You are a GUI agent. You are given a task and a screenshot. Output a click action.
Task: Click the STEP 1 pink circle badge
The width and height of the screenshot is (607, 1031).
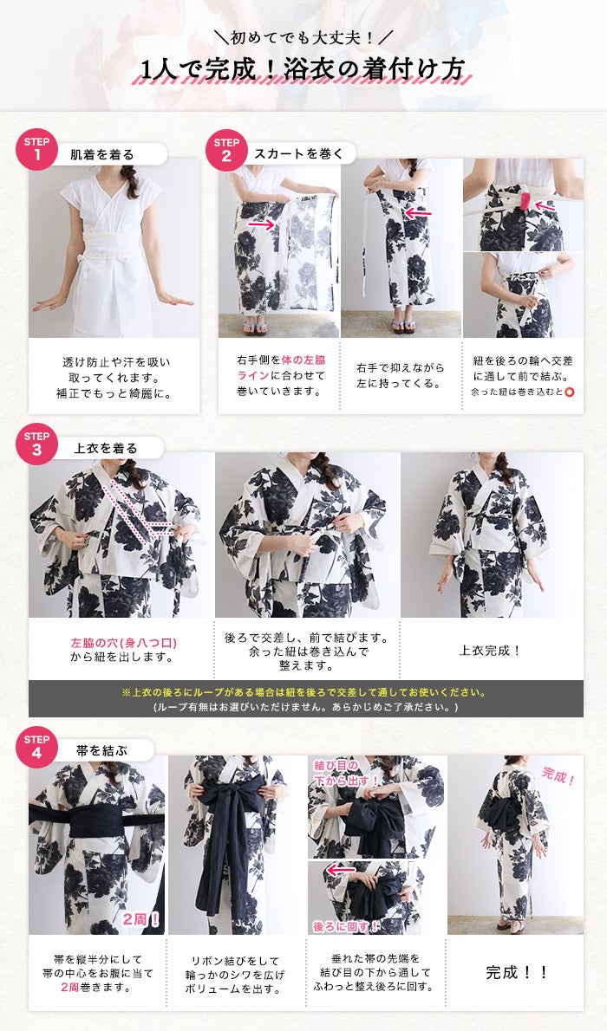[x=37, y=149]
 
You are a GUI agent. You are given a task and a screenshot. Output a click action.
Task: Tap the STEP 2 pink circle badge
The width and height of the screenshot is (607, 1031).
[x=226, y=149]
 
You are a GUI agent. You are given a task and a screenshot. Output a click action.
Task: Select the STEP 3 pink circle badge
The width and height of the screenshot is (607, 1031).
[x=37, y=444]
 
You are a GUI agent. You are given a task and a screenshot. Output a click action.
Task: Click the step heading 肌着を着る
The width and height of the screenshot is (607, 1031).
[x=102, y=155]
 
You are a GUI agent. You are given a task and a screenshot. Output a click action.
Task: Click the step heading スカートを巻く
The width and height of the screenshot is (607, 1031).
[x=299, y=154]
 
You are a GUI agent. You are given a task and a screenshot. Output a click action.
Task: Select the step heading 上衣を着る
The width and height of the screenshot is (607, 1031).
[x=105, y=449]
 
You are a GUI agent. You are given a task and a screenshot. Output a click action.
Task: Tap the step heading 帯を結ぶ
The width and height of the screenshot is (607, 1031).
[x=102, y=750]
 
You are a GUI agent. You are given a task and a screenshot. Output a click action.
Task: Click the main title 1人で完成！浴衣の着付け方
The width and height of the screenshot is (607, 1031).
[x=303, y=69]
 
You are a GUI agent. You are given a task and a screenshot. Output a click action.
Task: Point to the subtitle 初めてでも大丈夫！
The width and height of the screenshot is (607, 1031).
[x=303, y=37]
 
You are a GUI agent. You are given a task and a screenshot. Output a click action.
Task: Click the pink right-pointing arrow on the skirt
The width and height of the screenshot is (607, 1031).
[x=261, y=225]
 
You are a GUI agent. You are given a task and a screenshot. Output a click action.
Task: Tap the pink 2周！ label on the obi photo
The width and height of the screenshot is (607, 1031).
[x=140, y=919]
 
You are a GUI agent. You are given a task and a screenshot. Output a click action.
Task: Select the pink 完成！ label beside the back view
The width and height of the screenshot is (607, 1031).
[x=558, y=776]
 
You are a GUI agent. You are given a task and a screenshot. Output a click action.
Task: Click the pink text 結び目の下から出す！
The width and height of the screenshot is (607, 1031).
[x=346, y=773]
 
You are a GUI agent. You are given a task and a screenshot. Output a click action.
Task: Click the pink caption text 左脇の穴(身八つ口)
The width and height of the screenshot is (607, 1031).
[x=124, y=643]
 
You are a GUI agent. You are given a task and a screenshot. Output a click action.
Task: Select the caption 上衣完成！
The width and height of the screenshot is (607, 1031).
[x=491, y=651]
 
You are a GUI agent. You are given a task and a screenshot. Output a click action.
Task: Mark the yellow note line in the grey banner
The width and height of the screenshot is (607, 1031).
[x=304, y=692]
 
